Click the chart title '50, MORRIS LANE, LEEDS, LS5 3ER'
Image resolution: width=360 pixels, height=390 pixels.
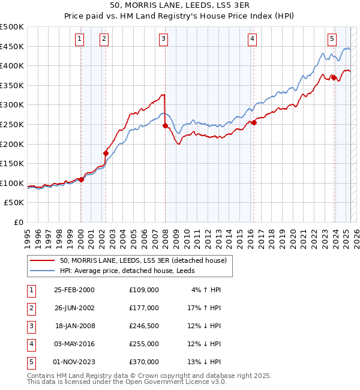[x=180, y=6]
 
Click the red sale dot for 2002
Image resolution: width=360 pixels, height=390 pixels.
[x=106, y=153]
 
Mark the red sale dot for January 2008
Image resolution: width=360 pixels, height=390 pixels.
[x=165, y=125]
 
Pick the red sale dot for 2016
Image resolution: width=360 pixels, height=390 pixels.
[x=254, y=122]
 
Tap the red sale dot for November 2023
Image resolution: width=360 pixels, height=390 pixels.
[x=334, y=77]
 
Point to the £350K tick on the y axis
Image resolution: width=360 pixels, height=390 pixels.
[x=12, y=85]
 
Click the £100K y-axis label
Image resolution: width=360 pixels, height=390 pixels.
[x=12, y=183]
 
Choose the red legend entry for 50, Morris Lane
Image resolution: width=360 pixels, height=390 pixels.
[x=143, y=260]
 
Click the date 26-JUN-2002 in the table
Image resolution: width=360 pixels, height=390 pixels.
[x=74, y=308]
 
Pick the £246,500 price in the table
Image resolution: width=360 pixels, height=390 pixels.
[x=144, y=326]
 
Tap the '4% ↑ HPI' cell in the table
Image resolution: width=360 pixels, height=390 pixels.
[x=206, y=290]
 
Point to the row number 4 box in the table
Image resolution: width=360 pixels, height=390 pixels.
[x=31, y=344]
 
